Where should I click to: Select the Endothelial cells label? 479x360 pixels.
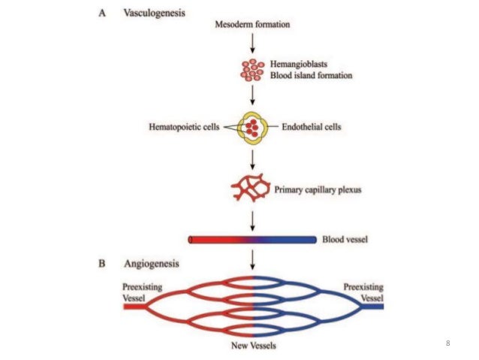tap(310, 128)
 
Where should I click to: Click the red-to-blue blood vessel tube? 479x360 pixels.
tap(252, 240)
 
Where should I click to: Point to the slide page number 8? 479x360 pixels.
tap(447, 343)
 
